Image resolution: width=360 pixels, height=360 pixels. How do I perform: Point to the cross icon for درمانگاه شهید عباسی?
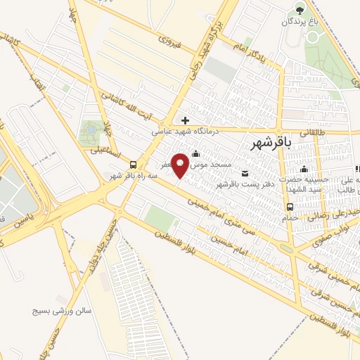click(185, 120)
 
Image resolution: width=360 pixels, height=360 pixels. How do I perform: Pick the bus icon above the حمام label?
click(290, 206)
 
